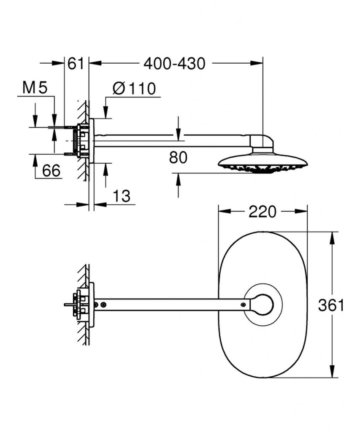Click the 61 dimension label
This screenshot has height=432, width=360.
[76, 64]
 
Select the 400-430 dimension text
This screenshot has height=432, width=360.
[174, 64]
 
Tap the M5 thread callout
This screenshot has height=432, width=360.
[35, 87]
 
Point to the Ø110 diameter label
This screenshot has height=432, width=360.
[134, 89]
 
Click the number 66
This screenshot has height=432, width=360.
[51, 170]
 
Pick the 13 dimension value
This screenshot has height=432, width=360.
[121, 196]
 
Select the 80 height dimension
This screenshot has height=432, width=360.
[179, 157]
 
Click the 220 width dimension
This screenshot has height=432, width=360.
[262, 212]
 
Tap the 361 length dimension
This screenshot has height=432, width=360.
[331, 305]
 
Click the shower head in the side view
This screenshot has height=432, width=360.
[263, 164]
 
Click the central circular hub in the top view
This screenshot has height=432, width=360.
[263, 305]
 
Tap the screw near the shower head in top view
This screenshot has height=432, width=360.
[243, 305]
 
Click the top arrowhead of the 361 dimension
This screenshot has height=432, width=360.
[333, 238]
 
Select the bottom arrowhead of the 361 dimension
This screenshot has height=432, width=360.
[333, 371]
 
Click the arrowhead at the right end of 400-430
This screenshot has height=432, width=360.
[256, 63]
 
